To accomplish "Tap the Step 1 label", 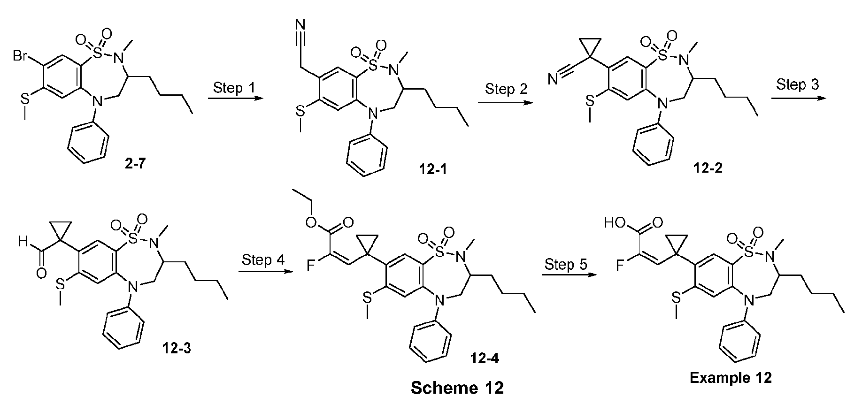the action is [229, 88].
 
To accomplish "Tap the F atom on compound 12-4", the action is [310, 266].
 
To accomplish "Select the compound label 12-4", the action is [484, 359].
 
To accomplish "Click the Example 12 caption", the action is [731, 378].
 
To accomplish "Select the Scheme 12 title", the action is [457, 388].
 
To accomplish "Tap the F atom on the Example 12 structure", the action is [621, 266].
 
